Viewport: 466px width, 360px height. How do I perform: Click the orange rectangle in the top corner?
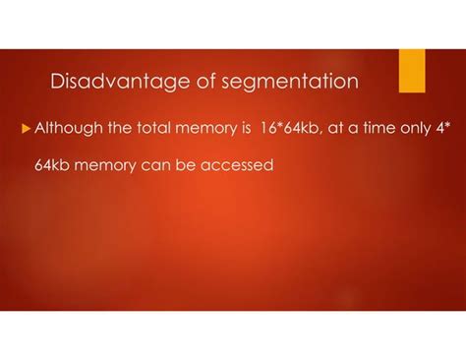coord(412,70)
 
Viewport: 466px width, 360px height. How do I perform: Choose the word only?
coord(409,128)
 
